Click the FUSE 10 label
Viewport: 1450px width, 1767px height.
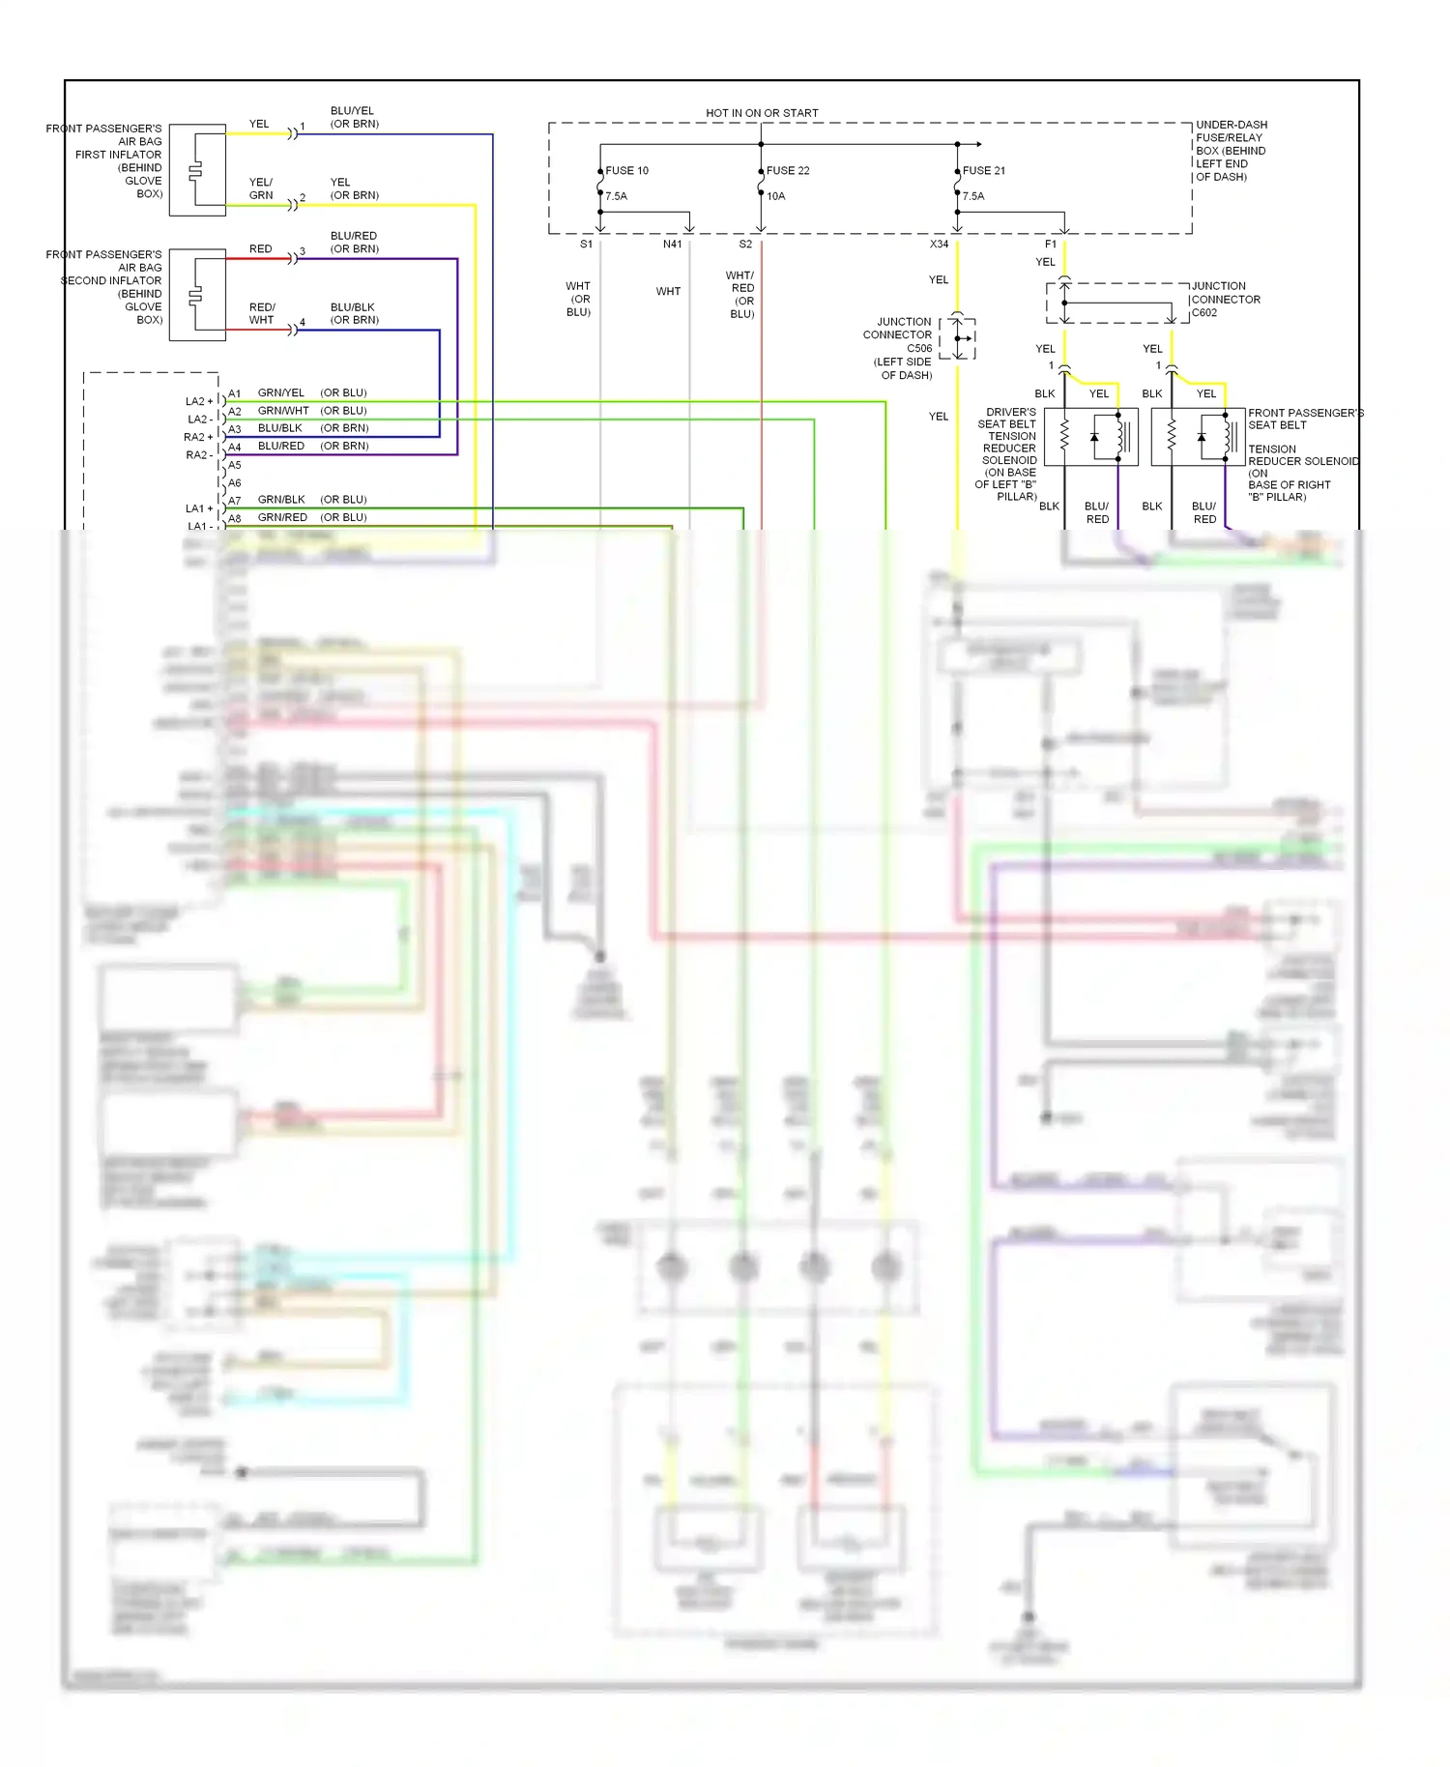626,171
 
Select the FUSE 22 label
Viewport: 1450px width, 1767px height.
788,171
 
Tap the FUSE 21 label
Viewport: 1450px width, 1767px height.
984,171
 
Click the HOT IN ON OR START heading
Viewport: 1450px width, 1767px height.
762,113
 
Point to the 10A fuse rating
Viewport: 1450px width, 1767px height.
776,196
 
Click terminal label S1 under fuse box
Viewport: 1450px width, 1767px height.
586,245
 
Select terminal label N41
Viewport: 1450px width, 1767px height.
672,245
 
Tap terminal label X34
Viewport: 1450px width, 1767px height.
939,245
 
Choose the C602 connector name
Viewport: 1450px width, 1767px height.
1204,313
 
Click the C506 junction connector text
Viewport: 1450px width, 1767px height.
918,348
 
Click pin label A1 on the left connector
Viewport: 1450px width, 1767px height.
235,394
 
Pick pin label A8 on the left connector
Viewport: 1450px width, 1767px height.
235,519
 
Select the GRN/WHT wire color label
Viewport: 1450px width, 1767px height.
283,411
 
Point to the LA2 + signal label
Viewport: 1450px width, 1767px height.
199,401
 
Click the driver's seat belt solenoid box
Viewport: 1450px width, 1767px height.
1091,437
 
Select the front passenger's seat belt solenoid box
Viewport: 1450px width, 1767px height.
1198,437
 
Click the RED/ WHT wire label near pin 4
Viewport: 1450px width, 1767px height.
262,313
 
